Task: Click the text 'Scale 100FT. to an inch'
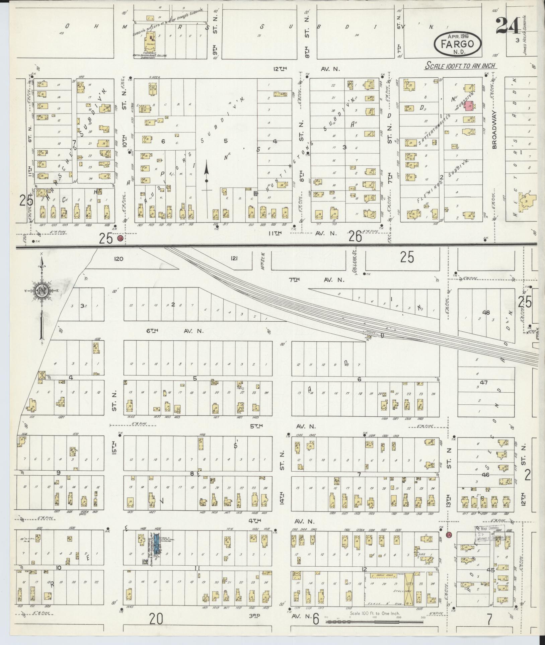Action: pos(461,66)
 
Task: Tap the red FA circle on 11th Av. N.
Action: pos(120,238)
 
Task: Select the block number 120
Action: pos(119,259)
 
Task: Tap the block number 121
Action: pos(234,258)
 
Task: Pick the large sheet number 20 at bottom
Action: pos(156,620)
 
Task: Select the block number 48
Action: pos(486,313)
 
